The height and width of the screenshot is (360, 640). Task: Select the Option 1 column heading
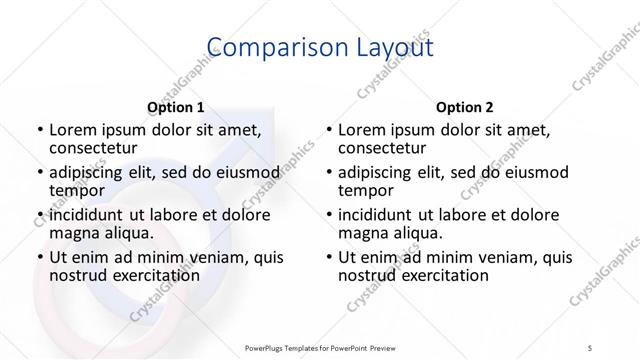click(x=176, y=107)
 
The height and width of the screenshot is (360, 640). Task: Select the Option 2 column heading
click(x=464, y=107)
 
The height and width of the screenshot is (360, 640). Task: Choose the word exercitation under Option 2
click(x=439, y=275)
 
